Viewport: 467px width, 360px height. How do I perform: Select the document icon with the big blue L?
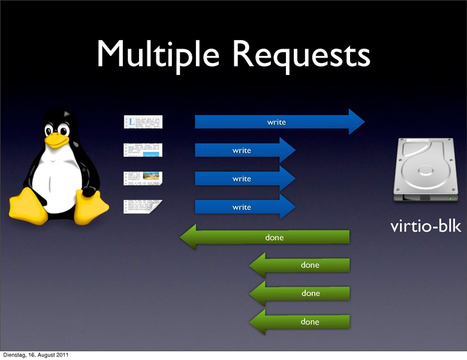point(143,122)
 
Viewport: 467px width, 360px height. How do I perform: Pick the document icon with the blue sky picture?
point(143,150)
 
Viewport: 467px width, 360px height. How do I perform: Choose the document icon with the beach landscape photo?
point(143,178)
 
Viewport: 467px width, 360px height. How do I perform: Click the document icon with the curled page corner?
point(143,207)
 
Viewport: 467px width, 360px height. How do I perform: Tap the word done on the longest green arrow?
point(274,238)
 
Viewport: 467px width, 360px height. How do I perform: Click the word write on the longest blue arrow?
point(276,122)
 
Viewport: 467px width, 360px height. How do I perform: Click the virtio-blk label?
point(426,227)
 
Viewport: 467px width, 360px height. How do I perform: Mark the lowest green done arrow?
point(300,322)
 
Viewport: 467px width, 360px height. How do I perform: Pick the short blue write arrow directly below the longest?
point(245,150)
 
